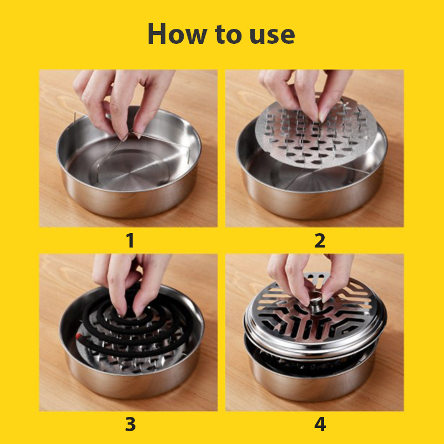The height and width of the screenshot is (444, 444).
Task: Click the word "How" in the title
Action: [x=177, y=33]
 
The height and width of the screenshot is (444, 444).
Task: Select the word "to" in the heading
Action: [x=228, y=34]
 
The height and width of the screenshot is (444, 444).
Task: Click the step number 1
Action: [x=130, y=241]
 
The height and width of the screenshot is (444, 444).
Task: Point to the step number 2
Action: [x=320, y=241]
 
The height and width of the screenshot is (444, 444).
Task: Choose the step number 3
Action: [x=130, y=425]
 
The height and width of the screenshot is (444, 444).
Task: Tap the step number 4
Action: [x=320, y=425]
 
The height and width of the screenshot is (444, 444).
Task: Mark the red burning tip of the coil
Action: [x=78, y=336]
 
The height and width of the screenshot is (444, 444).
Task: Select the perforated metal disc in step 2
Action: [x=316, y=132]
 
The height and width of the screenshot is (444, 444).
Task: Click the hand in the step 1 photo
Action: [x=122, y=99]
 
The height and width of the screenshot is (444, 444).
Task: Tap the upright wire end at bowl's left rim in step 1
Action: [x=74, y=119]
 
